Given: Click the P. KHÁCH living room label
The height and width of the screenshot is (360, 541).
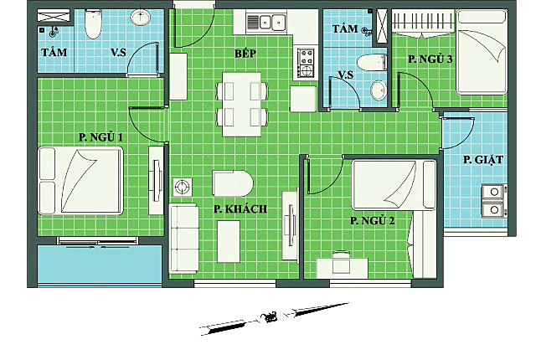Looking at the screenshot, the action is pos(240,208).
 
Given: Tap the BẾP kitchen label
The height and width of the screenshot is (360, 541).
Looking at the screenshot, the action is pos(245,53).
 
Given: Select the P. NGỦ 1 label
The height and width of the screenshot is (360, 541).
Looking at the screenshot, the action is pos(100,137).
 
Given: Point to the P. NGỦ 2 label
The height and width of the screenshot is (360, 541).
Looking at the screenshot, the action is pos(373,220).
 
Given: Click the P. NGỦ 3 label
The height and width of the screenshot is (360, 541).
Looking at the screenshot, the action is pos(430,59).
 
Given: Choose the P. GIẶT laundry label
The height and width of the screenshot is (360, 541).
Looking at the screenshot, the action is pos(483,160).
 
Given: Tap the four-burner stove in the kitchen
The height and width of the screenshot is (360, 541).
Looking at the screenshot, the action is pos(306,63).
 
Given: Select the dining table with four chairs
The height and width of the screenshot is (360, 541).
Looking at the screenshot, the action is pos(242,104).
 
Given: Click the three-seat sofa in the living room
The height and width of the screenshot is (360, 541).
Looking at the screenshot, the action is pos(184,239).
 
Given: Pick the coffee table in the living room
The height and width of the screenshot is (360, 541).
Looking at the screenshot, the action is pos(229,241).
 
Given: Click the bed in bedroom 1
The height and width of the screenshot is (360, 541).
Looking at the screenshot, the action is pos(80,181).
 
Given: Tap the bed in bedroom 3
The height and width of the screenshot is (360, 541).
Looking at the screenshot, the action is pos(482,52).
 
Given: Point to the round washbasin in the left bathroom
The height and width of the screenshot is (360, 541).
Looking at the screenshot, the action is pos(140,17).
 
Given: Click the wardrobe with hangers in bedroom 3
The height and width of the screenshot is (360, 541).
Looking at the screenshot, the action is pos(424,23).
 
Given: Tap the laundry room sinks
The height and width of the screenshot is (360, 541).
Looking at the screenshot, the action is pos(494,201).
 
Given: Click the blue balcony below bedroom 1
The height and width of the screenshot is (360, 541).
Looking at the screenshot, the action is pos(100,265).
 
